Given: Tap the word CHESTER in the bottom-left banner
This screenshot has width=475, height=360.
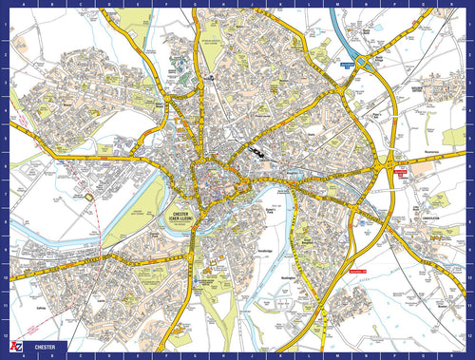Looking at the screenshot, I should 44,348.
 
